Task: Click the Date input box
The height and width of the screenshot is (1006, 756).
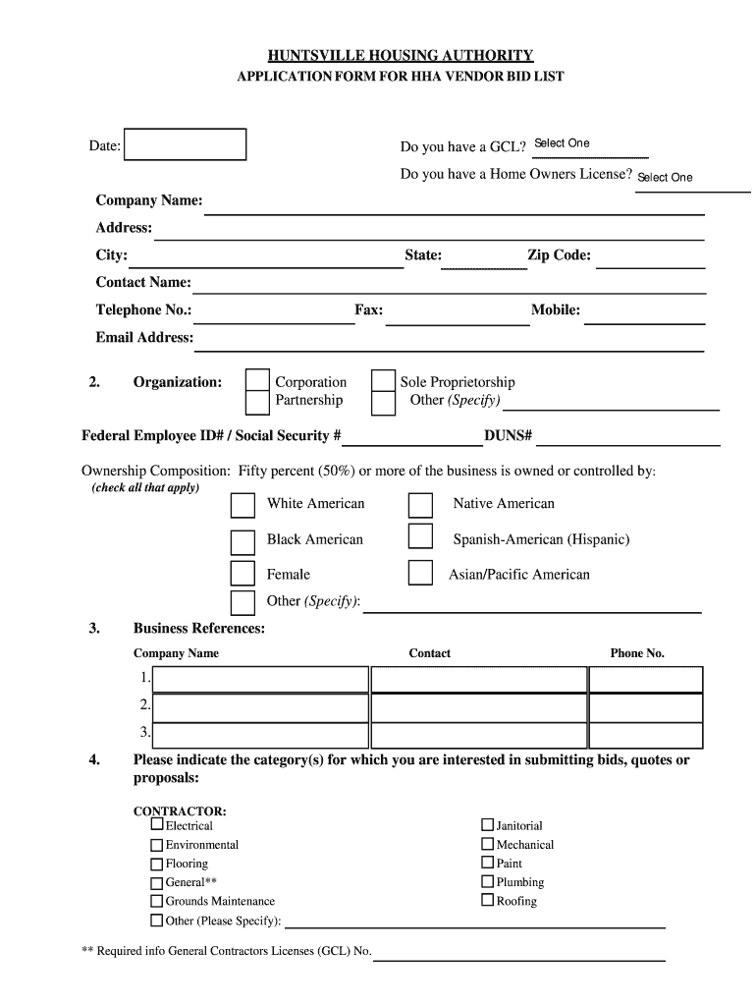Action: pos(186,144)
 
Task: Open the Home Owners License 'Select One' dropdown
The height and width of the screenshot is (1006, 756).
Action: pos(691,178)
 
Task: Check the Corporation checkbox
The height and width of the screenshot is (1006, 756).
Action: pos(257,381)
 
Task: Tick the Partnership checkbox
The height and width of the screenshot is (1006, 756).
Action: pos(257,402)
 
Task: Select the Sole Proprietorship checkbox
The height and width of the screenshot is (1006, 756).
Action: pos(383,381)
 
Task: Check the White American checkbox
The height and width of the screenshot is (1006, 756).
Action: pos(243,505)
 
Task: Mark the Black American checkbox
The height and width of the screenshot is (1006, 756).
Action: pos(243,541)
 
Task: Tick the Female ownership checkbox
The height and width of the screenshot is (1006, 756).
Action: pos(243,573)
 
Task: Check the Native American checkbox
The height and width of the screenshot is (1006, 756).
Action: pos(420,505)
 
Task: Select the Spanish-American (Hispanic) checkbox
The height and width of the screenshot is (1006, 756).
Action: pos(420,536)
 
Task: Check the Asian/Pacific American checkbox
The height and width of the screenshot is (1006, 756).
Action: pos(420,573)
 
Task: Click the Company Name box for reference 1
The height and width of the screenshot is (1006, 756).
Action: pos(260,679)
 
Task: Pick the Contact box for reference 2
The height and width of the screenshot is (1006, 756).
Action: pos(478,706)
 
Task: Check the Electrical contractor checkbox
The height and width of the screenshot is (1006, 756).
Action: pos(157,826)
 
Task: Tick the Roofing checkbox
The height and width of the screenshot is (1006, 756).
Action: pos(487,900)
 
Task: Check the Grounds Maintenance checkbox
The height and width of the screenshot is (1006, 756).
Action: pos(157,901)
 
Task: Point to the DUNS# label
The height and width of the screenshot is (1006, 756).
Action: pos(508,435)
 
